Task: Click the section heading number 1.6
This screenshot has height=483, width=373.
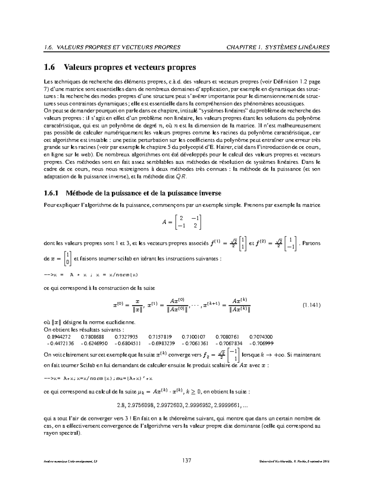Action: [49, 67]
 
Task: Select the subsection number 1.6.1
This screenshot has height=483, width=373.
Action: [51, 193]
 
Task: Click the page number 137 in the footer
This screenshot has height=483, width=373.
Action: [186, 460]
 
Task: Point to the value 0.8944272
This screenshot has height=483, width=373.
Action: [59, 337]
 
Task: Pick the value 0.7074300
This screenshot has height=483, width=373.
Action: [261, 337]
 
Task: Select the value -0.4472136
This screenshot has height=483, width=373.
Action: [60, 344]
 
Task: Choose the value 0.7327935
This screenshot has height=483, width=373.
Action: [127, 337]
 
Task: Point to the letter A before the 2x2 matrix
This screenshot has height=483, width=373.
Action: [164, 222]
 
